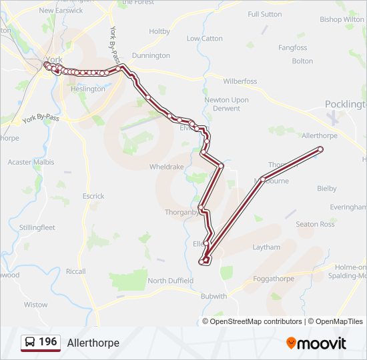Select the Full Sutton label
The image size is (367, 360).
[x=264, y=14]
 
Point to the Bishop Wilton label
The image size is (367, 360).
[x=342, y=19]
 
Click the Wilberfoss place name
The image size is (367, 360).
[x=240, y=81]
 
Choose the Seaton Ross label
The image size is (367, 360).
[x=315, y=224]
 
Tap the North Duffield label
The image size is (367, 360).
[x=170, y=281]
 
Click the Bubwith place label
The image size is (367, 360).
[x=214, y=296]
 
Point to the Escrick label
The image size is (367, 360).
[x=93, y=196]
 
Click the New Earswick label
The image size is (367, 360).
[x=55, y=11]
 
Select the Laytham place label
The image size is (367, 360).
[x=266, y=247]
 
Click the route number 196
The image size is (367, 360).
[x=47, y=342]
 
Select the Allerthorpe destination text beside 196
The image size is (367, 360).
[x=93, y=343]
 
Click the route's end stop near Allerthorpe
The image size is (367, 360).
[x=321, y=149]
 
